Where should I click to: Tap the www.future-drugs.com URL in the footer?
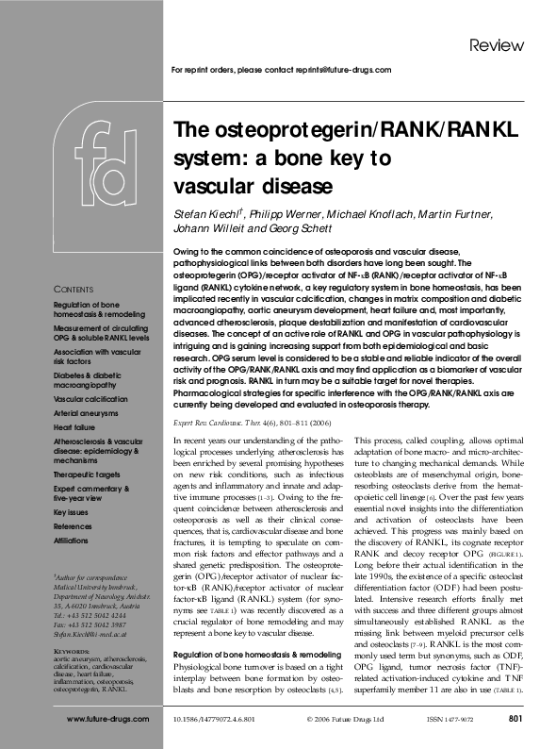coord(108,719)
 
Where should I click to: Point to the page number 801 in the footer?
coord(515,719)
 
